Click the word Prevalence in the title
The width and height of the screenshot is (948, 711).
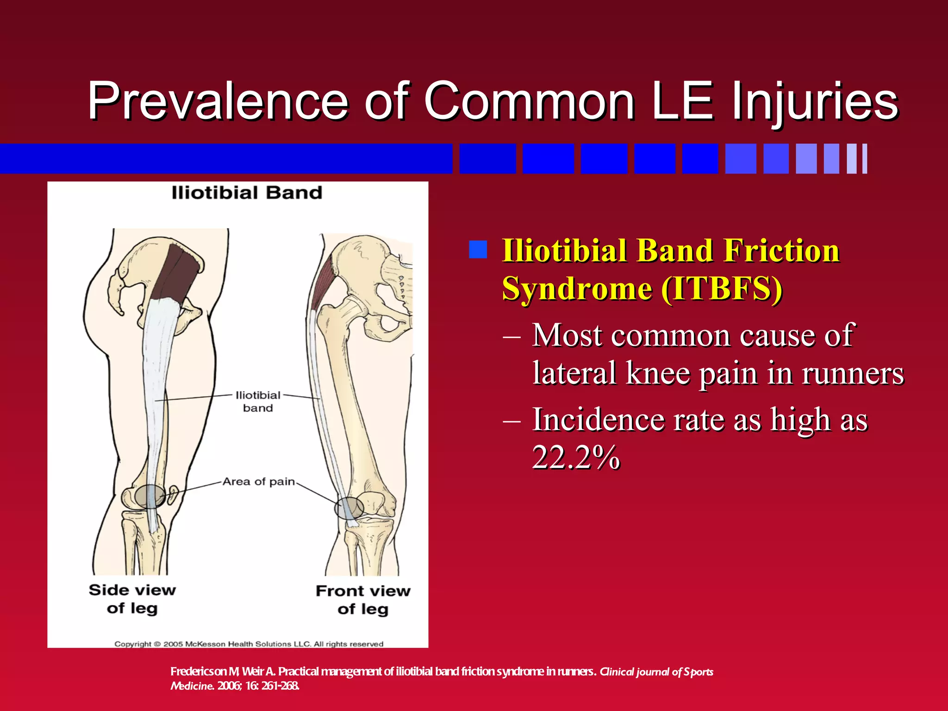[x=218, y=101]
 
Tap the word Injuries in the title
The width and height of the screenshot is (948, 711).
[x=815, y=101]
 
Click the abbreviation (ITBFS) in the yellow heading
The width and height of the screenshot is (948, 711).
[x=721, y=289]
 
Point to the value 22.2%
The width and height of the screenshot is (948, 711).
[x=576, y=457]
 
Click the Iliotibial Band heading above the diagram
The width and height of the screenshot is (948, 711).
[x=247, y=193]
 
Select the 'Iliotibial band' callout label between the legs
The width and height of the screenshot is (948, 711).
[x=258, y=401]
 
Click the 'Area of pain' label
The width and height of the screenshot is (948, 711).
[x=258, y=481]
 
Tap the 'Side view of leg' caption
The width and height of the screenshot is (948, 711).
[x=132, y=599]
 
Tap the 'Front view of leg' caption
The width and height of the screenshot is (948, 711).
[x=363, y=599]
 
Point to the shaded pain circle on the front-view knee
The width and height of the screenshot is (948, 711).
[x=349, y=508]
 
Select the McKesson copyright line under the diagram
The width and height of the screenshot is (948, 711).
[x=249, y=644]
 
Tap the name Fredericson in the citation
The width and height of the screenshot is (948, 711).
[x=198, y=672]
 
